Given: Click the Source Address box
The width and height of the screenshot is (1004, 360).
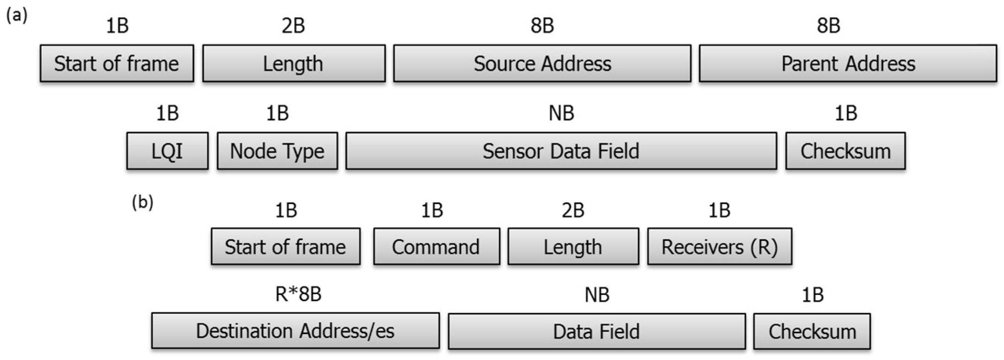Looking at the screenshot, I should (x=542, y=64).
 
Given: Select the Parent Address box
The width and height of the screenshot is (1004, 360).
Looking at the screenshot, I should (x=848, y=64).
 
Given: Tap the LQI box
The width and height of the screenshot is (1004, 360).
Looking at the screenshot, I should (x=167, y=151).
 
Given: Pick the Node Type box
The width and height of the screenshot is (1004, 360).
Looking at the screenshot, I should (x=277, y=151).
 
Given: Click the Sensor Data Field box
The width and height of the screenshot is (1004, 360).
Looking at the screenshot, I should (x=561, y=151).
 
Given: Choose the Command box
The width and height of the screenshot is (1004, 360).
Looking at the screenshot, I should (x=436, y=247).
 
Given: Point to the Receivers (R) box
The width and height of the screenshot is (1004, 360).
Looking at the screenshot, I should (x=719, y=247).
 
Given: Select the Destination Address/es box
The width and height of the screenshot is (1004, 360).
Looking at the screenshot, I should (x=296, y=331).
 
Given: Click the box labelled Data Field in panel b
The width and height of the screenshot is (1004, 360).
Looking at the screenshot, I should (x=596, y=331).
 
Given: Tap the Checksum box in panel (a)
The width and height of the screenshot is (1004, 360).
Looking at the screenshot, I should (x=845, y=151).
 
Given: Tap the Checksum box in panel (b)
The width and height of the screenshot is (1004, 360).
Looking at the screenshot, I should (x=812, y=331).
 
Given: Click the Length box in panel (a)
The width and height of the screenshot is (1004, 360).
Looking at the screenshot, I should (x=293, y=64).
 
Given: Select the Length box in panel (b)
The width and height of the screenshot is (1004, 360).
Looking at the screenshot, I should (x=573, y=247).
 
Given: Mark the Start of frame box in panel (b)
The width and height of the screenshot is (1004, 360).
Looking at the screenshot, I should (x=285, y=247).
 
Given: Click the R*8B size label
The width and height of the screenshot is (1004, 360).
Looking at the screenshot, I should (x=298, y=294).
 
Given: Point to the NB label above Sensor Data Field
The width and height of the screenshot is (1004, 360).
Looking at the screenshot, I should (x=561, y=113).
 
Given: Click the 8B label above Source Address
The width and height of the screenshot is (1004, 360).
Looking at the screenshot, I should (x=542, y=26).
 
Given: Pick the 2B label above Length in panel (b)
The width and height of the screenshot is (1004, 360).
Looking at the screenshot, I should (x=573, y=210).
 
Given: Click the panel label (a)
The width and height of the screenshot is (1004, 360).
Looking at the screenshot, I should (x=17, y=15).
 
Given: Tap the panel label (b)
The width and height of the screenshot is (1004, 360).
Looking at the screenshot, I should (x=143, y=202).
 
